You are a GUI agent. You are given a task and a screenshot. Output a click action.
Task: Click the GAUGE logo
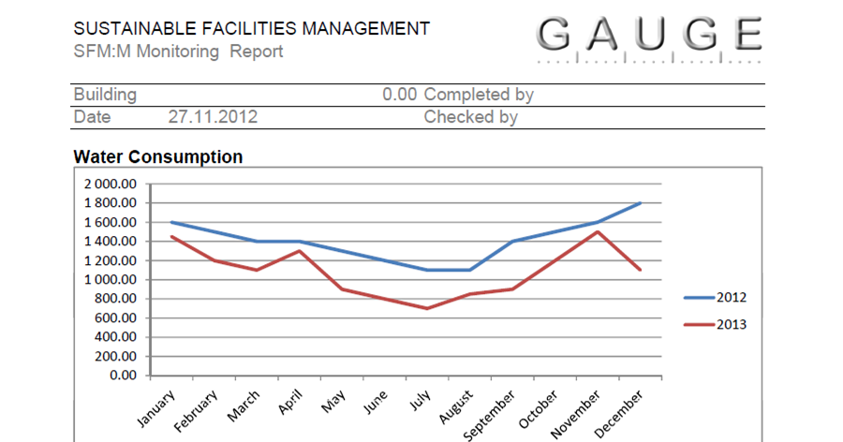pos(652,36)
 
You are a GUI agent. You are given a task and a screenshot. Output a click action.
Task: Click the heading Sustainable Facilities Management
pos(252,28)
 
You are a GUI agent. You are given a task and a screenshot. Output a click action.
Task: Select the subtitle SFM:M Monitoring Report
pos(178,52)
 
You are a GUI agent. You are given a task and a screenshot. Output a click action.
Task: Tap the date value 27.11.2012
pos(213,117)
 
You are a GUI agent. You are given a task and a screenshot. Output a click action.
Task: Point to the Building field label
pos(105,95)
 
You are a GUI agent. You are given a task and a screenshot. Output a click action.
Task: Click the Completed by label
pos(479,95)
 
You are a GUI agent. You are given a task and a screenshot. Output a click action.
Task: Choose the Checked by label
pos(470,117)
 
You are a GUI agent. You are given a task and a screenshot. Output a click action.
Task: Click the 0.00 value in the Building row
pos(399,95)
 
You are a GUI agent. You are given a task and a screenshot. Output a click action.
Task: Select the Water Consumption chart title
pos(157,156)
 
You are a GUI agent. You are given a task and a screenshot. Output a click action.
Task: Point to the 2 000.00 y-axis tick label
pos(111,184)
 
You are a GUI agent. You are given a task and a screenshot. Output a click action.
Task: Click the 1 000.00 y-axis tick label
pos(111,279)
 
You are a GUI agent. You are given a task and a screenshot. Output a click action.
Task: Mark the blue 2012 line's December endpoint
pos(641,202)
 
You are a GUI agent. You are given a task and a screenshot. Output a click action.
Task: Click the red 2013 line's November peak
pos(598,231)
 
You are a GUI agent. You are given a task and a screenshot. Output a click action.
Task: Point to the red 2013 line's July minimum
pos(427,308)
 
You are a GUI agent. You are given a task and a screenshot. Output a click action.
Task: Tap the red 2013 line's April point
pos(300,250)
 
